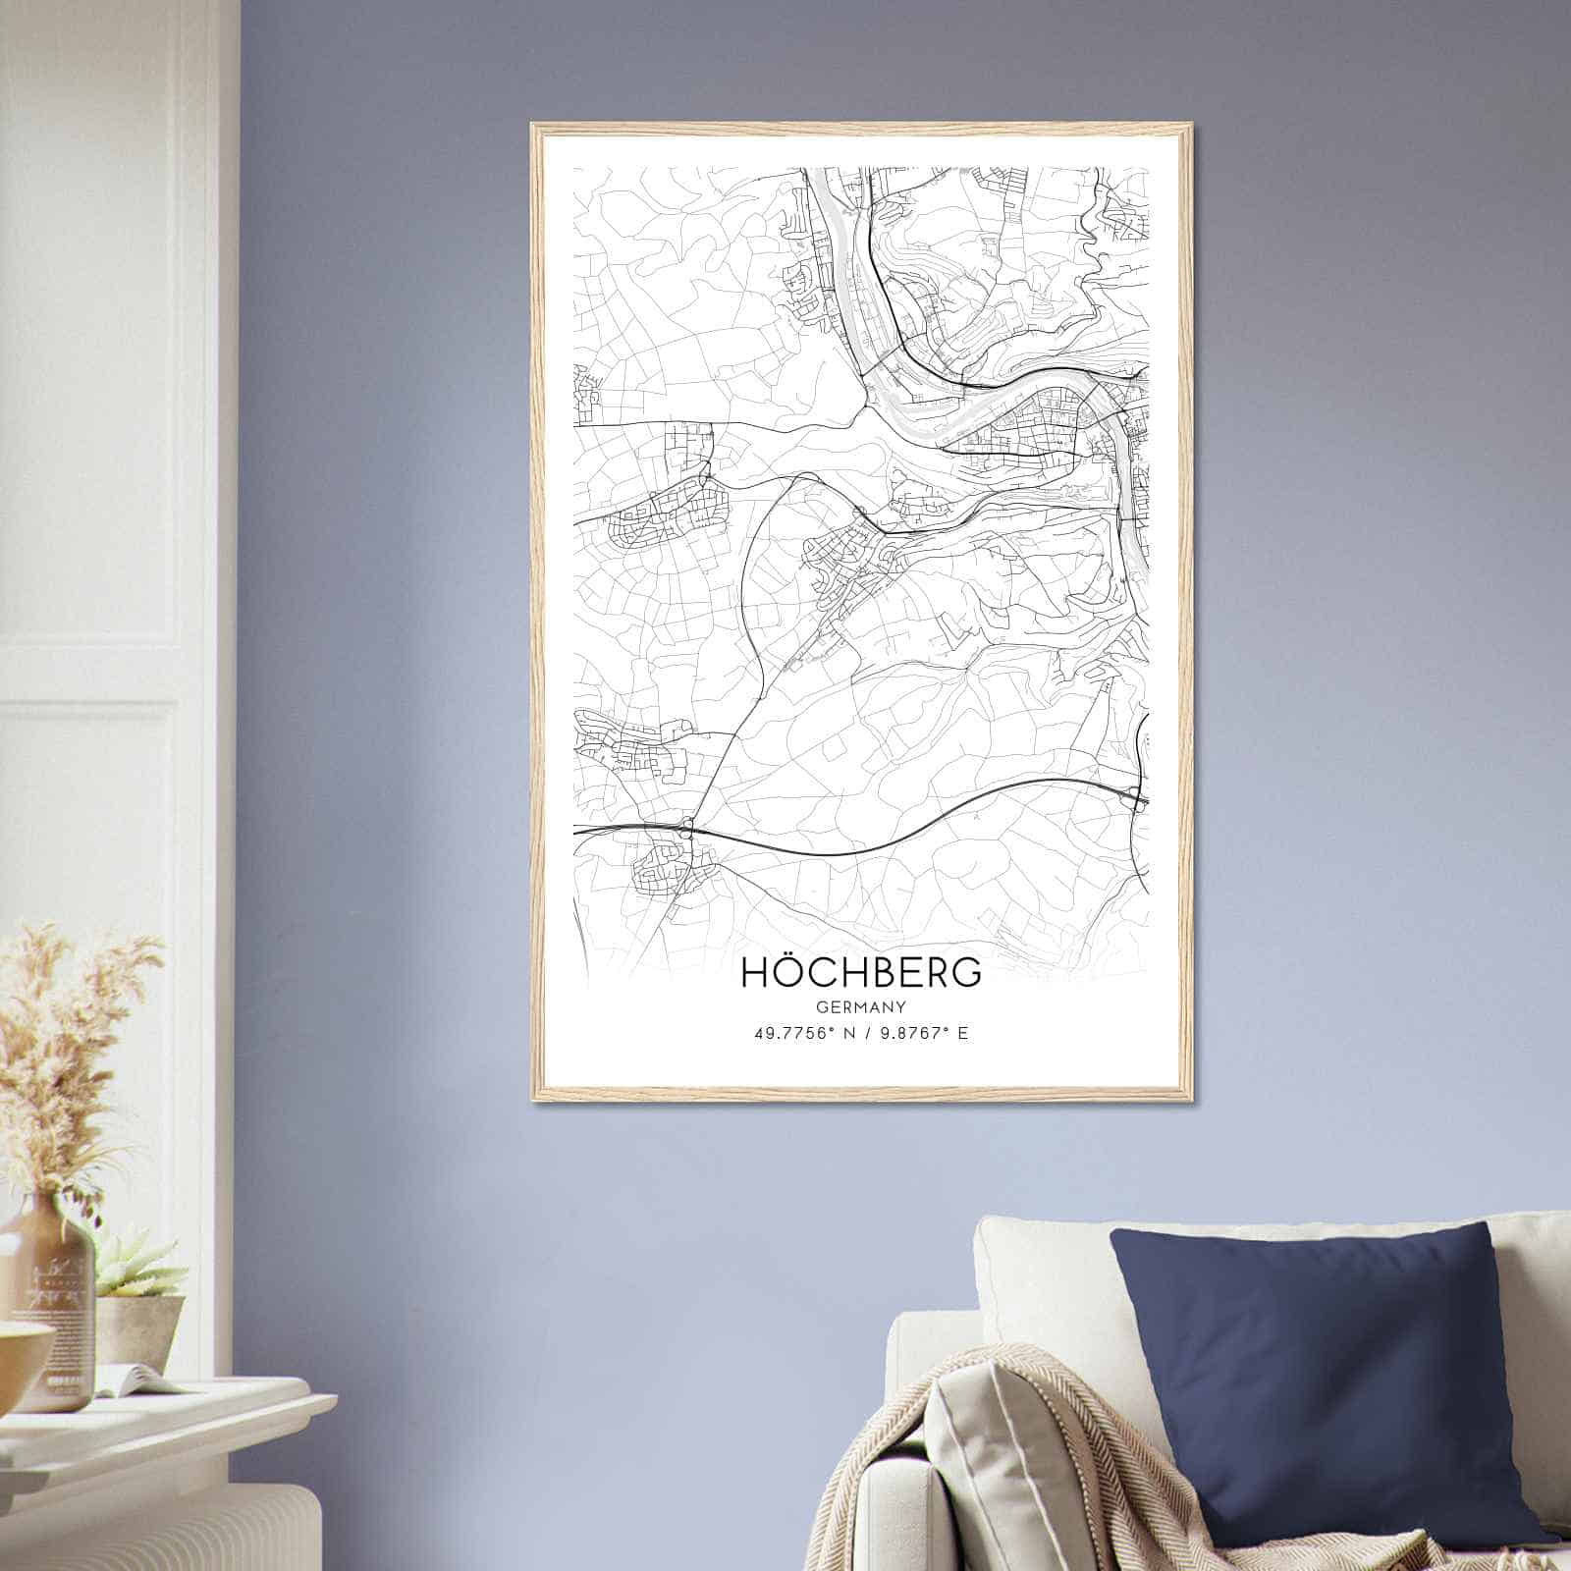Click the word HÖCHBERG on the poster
860,972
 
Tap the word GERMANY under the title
861,1006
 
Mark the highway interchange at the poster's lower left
687,828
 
